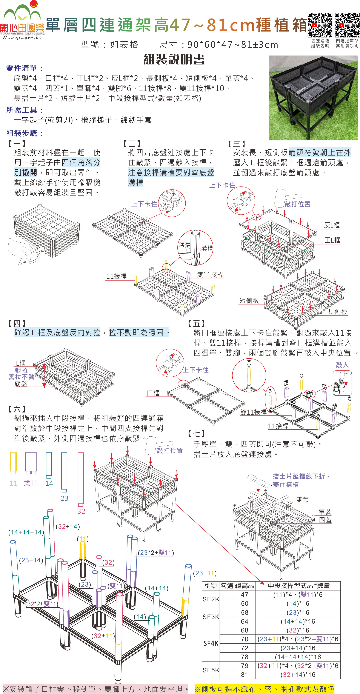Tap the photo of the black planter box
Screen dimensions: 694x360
pyautogui.click(x=313, y=98)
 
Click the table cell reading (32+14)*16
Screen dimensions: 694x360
pyautogui.click(x=298, y=674)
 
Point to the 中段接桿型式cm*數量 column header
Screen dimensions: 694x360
pyautogui.click(x=298, y=585)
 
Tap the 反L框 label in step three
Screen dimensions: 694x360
pyautogui.click(x=332, y=225)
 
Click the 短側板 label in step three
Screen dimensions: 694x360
pyautogui.click(x=249, y=301)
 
